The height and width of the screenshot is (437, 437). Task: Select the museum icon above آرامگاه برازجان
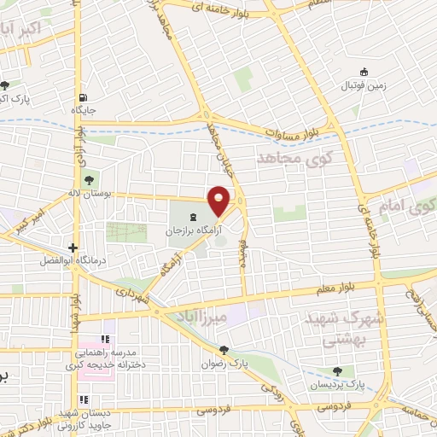pos(191,214)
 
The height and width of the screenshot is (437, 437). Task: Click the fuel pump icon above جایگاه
pos(83,96)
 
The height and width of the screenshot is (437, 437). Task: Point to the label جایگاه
pos(83,110)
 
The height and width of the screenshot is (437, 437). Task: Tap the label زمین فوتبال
pos(364,86)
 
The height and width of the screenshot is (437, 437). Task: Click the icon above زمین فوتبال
pos(364,72)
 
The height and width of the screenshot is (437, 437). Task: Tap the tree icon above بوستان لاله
pos(89,178)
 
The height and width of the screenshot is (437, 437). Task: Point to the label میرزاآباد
pos(205,318)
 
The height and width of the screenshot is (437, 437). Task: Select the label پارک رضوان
pos(224,363)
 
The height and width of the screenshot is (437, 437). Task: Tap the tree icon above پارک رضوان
pos(224,348)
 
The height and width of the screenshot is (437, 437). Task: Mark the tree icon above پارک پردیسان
pos(339,371)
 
